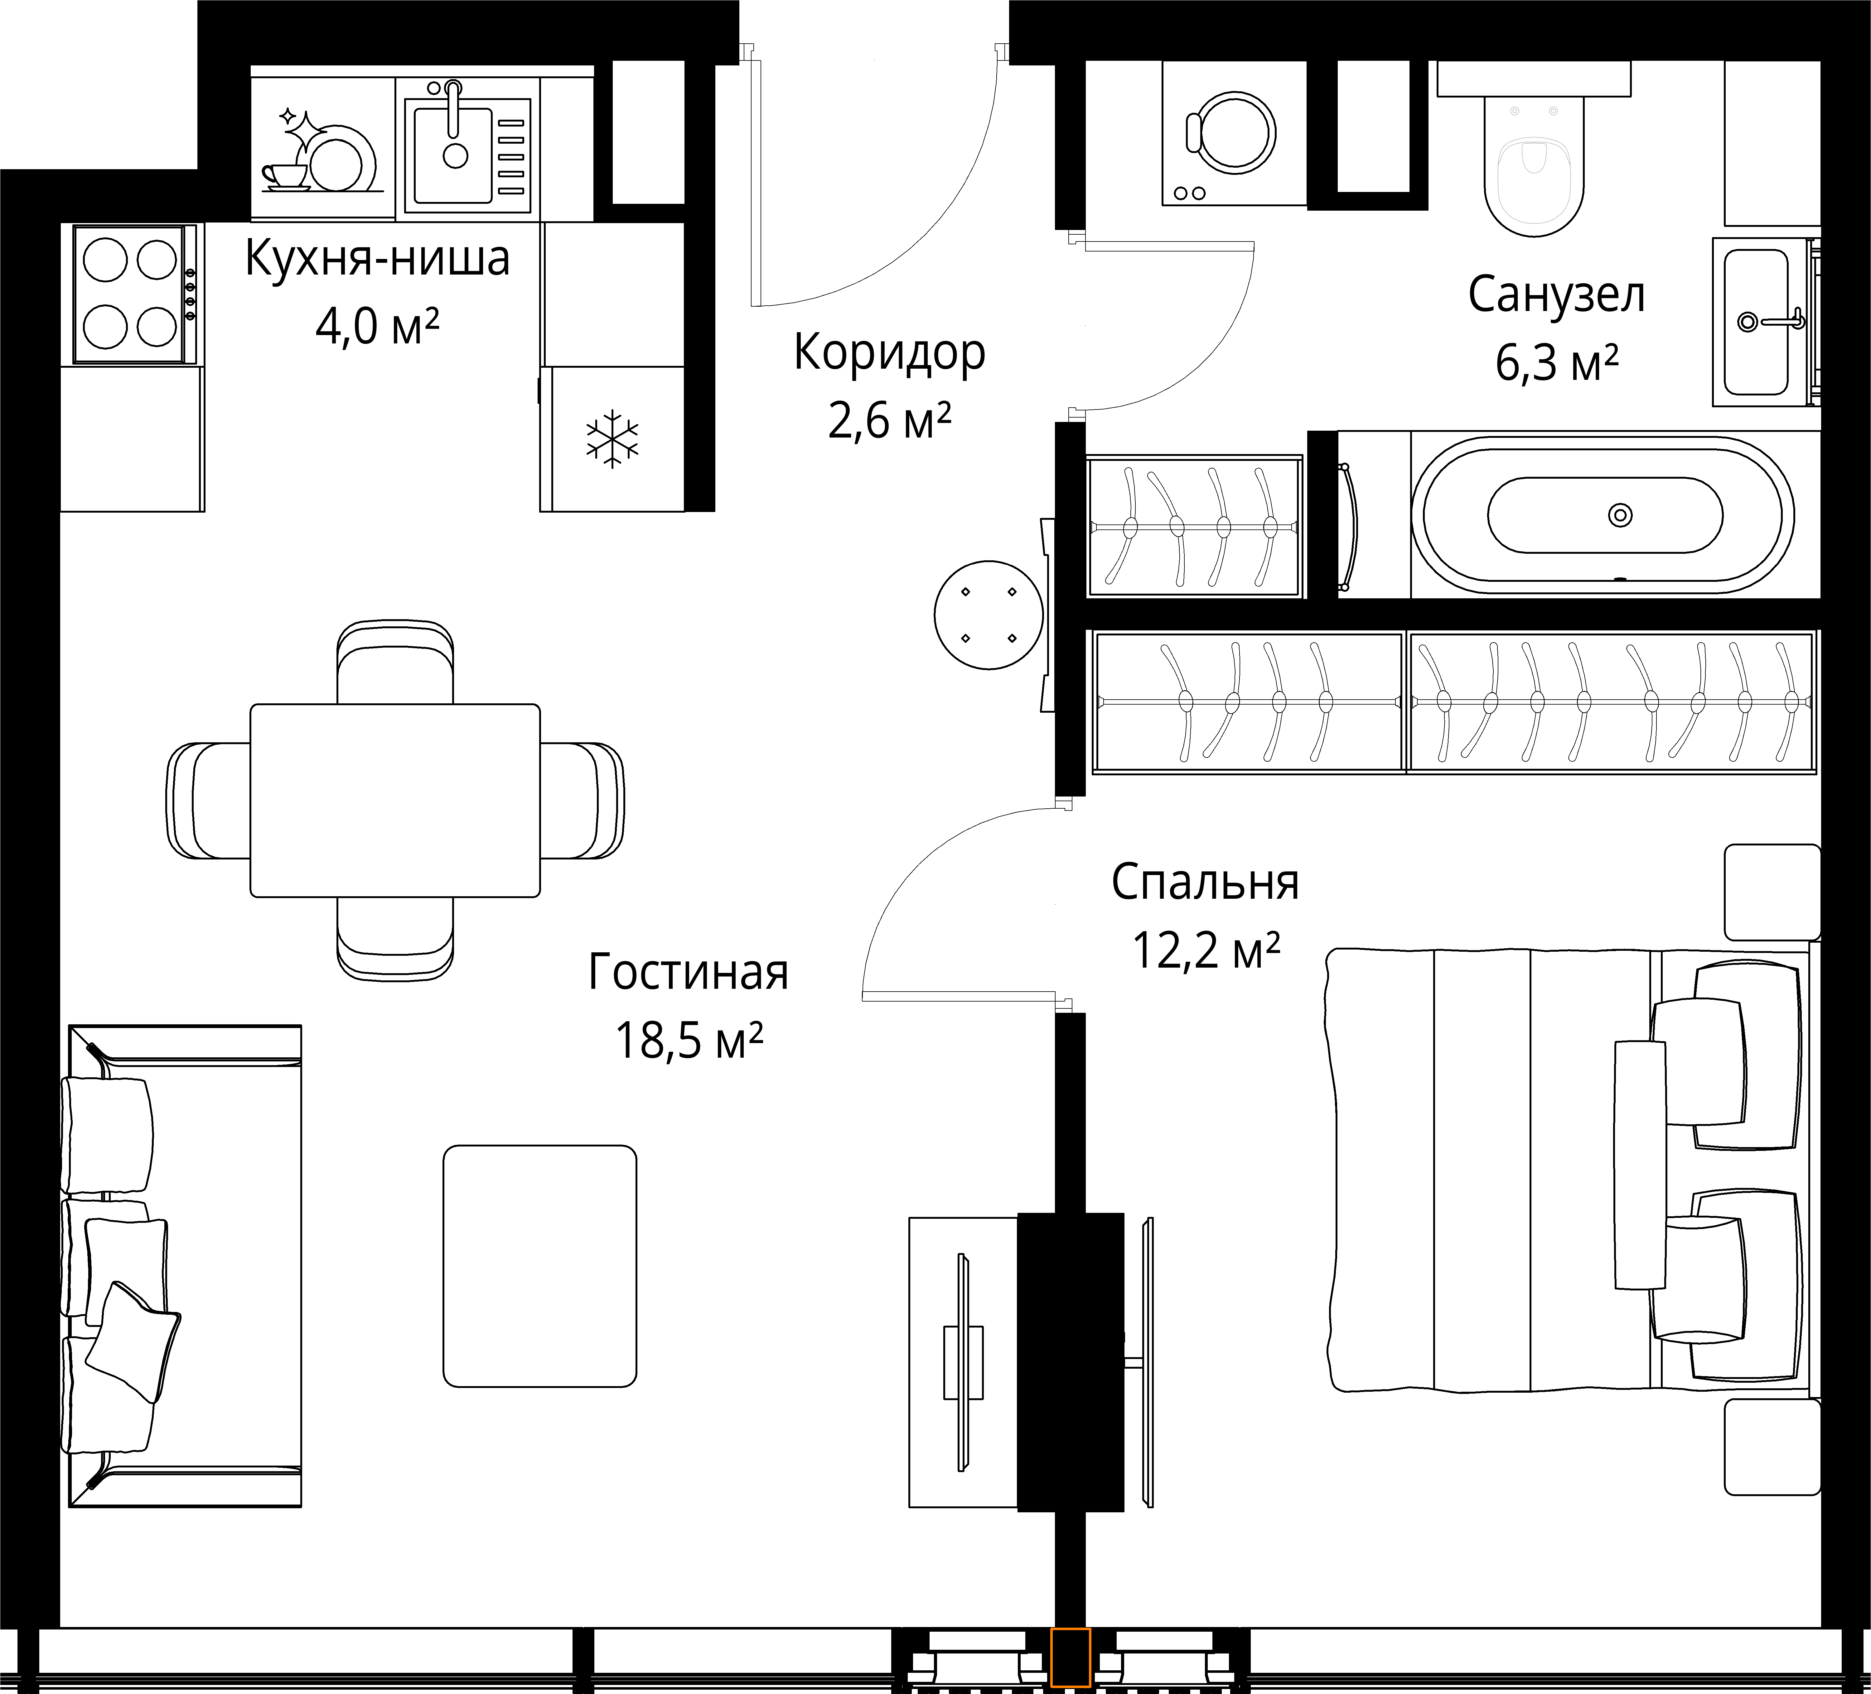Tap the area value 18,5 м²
(689, 1041)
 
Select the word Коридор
(889, 353)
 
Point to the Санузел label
(1556, 295)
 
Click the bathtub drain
(1620, 515)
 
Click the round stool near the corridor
(989, 615)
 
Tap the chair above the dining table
(395, 663)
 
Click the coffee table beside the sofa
(540, 1266)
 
